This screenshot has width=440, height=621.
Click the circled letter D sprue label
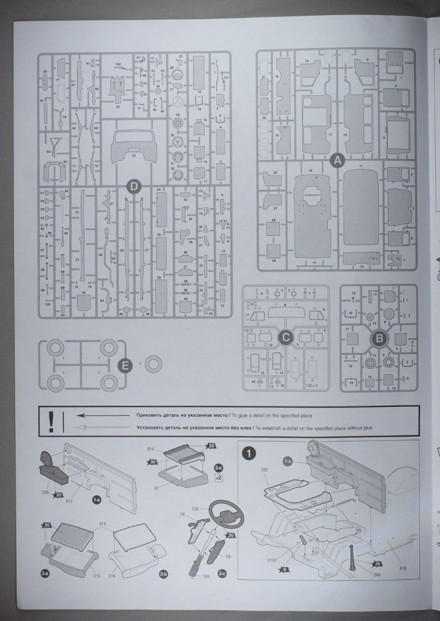[x=135, y=186]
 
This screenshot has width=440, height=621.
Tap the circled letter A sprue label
[x=337, y=161]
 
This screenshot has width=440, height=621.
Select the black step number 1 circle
[x=248, y=452]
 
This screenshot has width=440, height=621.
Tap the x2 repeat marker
[x=218, y=478]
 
